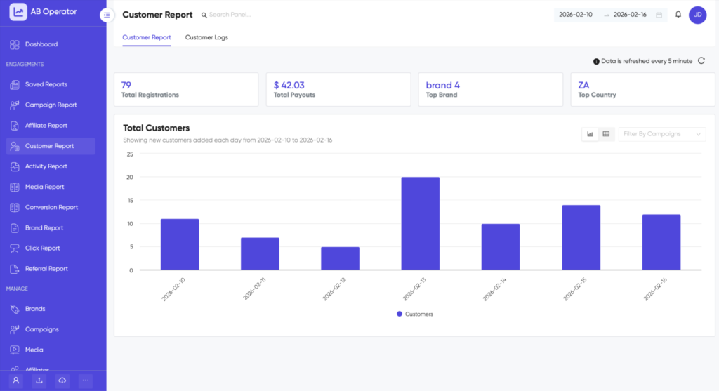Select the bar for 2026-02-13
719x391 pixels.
(x=420, y=223)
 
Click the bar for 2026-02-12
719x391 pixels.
(x=340, y=258)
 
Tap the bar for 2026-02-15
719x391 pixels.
(x=581, y=237)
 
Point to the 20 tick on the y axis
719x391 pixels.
(x=129, y=177)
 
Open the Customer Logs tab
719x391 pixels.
(x=206, y=37)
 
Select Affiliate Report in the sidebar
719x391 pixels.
(x=46, y=126)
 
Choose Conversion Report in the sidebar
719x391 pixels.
(x=51, y=207)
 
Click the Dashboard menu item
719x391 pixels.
(x=41, y=44)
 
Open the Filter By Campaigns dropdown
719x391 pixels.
(x=661, y=134)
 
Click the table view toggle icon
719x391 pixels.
(x=606, y=134)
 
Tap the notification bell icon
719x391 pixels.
(x=678, y=15)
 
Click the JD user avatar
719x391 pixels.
(x=697, y=15)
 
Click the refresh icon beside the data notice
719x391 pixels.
(x=701, y=61)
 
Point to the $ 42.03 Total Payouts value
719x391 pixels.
(x=289, y=85)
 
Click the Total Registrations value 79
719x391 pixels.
(x=126, y=85)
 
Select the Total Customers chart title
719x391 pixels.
(x=156, y=128)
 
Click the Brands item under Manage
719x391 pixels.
(x=35, y=309)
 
